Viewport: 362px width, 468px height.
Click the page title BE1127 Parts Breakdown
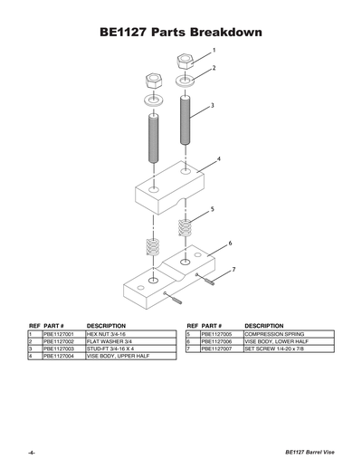181,33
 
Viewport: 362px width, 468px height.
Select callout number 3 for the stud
213,105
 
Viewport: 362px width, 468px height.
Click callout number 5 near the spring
212,209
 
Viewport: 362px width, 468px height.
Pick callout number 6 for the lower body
230,244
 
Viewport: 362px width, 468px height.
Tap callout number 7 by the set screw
233,270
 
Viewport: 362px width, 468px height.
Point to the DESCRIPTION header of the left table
105,324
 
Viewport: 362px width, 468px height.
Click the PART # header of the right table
211,324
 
